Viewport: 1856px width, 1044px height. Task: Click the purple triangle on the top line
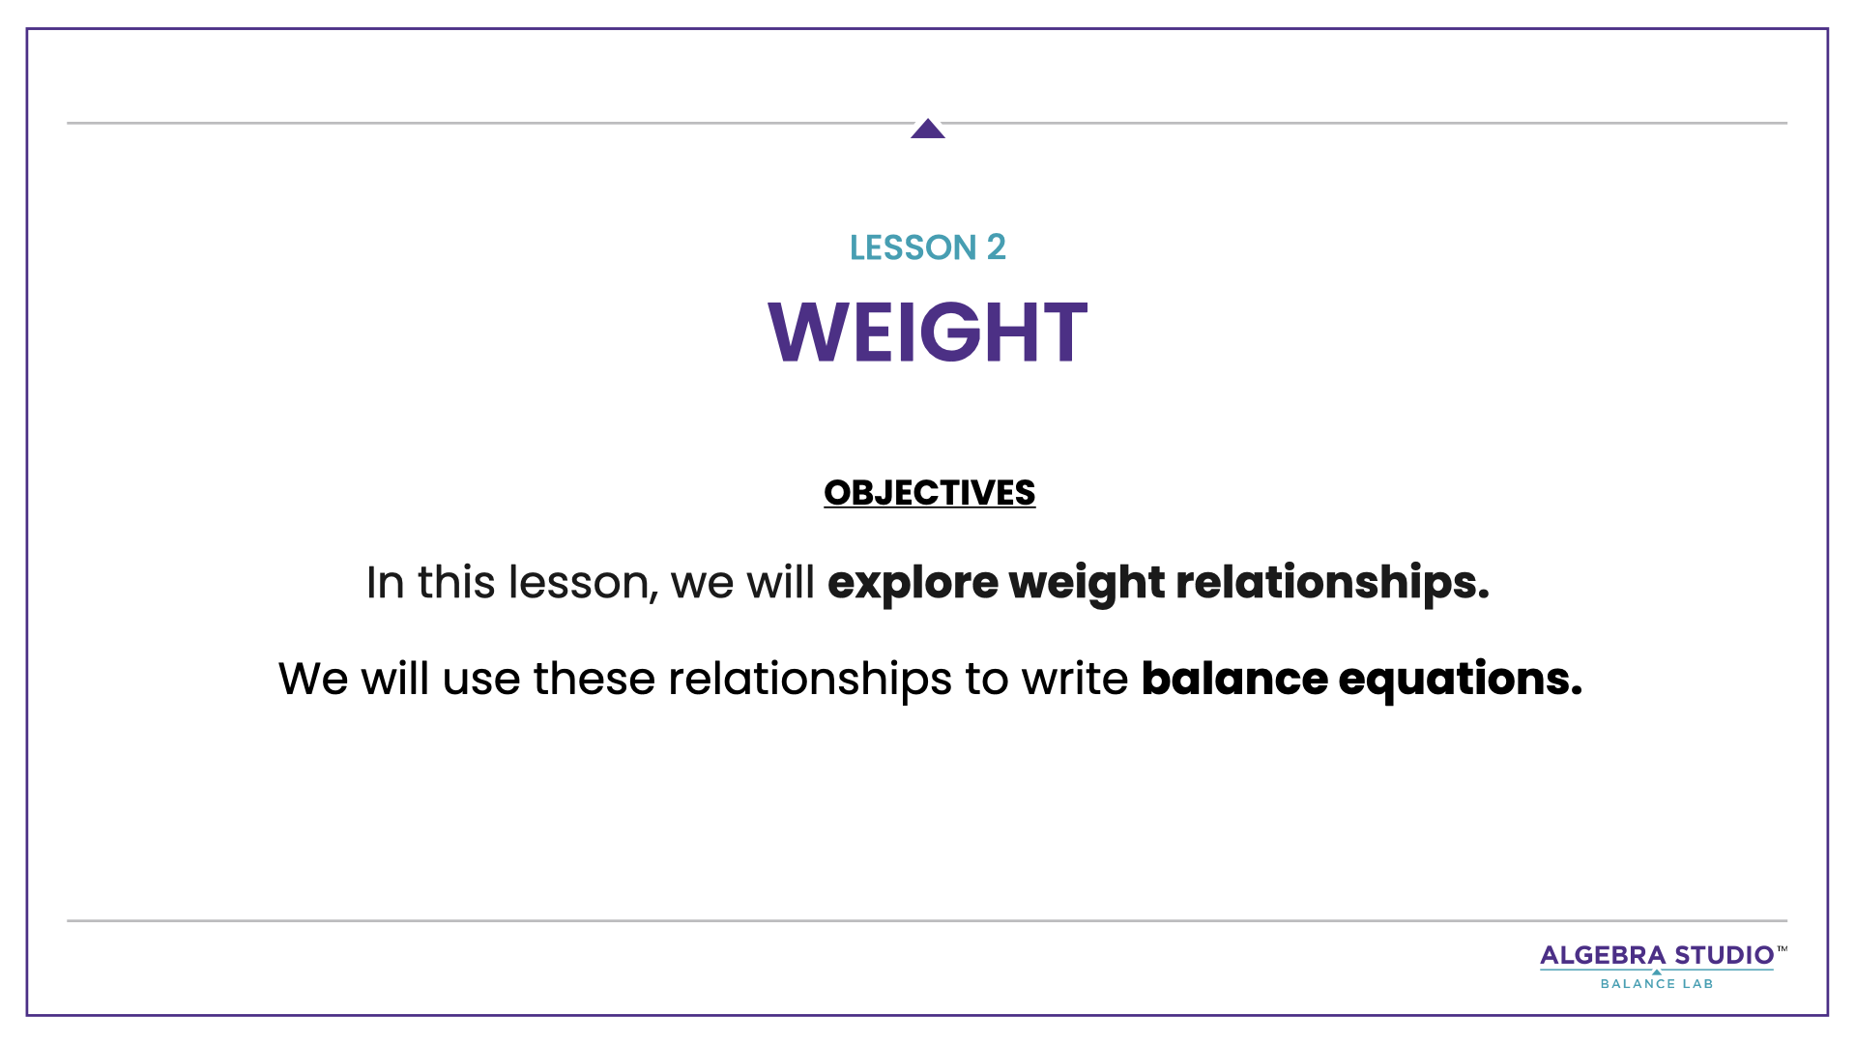927,130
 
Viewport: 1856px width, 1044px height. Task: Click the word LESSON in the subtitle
913,248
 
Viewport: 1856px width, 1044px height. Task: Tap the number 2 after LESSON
996,247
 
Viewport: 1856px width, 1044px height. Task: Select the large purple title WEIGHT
927,333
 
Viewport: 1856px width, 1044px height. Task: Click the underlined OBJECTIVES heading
929,493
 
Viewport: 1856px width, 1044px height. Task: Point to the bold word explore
912,583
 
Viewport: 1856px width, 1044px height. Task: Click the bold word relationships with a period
1331,583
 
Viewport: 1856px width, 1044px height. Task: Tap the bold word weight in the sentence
1086,583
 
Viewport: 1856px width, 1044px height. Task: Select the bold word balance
1233,679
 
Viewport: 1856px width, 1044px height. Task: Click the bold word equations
1460,679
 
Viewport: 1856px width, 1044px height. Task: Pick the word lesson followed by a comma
582,583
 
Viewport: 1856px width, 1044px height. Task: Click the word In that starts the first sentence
385,583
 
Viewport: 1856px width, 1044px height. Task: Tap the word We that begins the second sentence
312,679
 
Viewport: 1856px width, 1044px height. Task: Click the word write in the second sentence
1074,679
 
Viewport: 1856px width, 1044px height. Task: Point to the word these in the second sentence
594,679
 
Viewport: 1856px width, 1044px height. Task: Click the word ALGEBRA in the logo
1602,956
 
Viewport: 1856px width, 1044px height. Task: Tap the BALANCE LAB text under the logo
1656,984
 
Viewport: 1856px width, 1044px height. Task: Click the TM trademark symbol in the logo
1782,949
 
